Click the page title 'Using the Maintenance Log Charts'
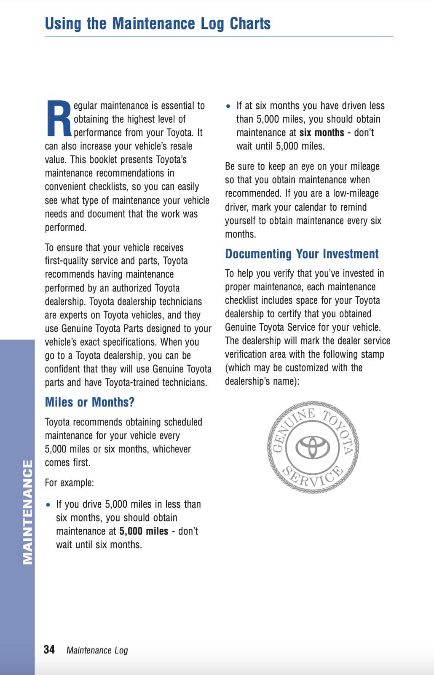(158, 24)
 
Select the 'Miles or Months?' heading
(90, 402)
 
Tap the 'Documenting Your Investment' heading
(302, 254)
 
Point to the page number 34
(49, 649)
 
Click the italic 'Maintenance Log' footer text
(97, 650)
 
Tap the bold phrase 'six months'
(322, 133)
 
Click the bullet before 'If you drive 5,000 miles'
(49, 505)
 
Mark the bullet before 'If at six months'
(228, 106)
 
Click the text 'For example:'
(70, 483)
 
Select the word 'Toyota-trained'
(132, 383)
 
